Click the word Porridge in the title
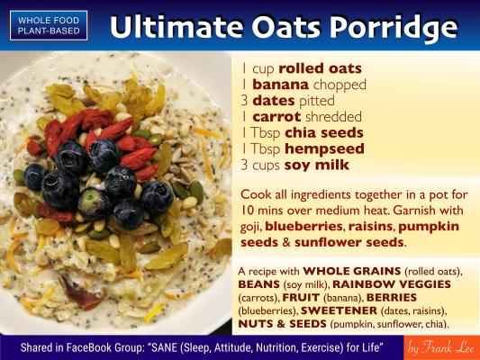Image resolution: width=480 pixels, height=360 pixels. tap(394, 26)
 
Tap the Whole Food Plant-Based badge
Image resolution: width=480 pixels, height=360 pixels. tap(49, 25)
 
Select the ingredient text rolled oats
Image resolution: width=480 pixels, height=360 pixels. tap(321, 68)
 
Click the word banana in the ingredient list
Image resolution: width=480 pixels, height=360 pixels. tap(280, 85)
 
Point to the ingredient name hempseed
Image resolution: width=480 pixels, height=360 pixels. tap(324, 149)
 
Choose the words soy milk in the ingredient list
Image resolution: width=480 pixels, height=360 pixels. tap(317, 166)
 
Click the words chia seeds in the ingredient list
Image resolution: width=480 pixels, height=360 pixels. tap(324, 132)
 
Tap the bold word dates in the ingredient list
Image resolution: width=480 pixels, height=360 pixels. tap(274, 101)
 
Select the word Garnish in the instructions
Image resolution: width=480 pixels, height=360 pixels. tap(413, 211)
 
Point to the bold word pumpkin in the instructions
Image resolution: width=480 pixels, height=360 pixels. tap(429, 228)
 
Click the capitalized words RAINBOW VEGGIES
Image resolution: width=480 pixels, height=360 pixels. tap(392, 284)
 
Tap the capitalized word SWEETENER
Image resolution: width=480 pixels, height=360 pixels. tap(339, 310)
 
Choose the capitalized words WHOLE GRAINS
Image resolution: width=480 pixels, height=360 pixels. tap(352, 271)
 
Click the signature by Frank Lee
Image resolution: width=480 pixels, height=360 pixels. tap(440, 348)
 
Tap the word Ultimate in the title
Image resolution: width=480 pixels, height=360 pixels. tap(177, 26)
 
